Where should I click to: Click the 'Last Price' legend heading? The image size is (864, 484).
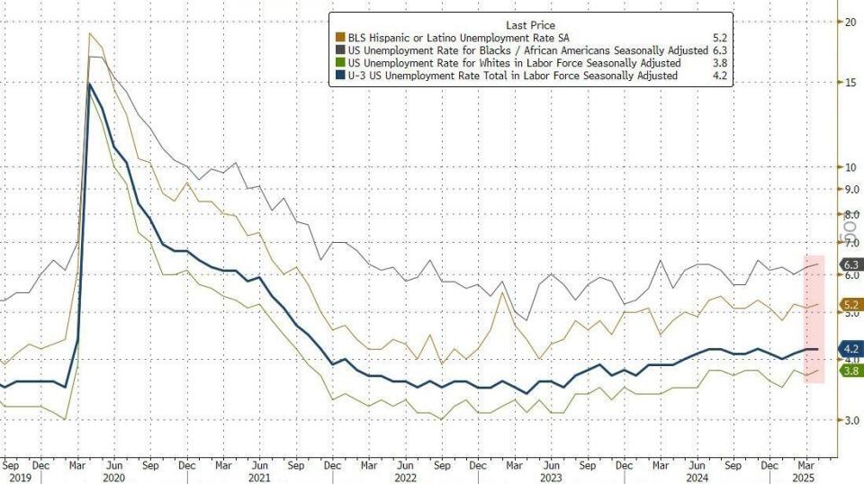pyautogui.click(x=530, y=25)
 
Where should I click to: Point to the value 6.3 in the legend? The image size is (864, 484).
pyautogui.click(x=718, y=51)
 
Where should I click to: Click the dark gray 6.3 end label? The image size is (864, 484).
pyautogui.click(x=850, y=264)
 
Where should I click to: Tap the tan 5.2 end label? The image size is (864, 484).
pyautogui.click(x=850, y=306)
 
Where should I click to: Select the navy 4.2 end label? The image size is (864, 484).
pyautogui.click(x=850, y=348)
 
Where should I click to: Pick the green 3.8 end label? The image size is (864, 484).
pyautogui.click(x=850, y=370)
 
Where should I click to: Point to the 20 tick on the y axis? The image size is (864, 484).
pyautogui.click(x=847, y=21)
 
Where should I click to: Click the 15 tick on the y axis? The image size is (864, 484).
pyautogui.click(x=847, y=83)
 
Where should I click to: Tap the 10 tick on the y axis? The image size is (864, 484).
pyautogui.click(x=847, y=167)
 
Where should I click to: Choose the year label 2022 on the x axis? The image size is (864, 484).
pyautogui.click(x=407, y=479)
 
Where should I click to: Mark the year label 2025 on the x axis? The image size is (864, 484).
pyautogui.click(x=803, y=479)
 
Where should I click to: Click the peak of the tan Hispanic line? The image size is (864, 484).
pyautogui.click(x=90, y=33)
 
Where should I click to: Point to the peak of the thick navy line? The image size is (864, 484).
pyautogui.click(x=90, y=85)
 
